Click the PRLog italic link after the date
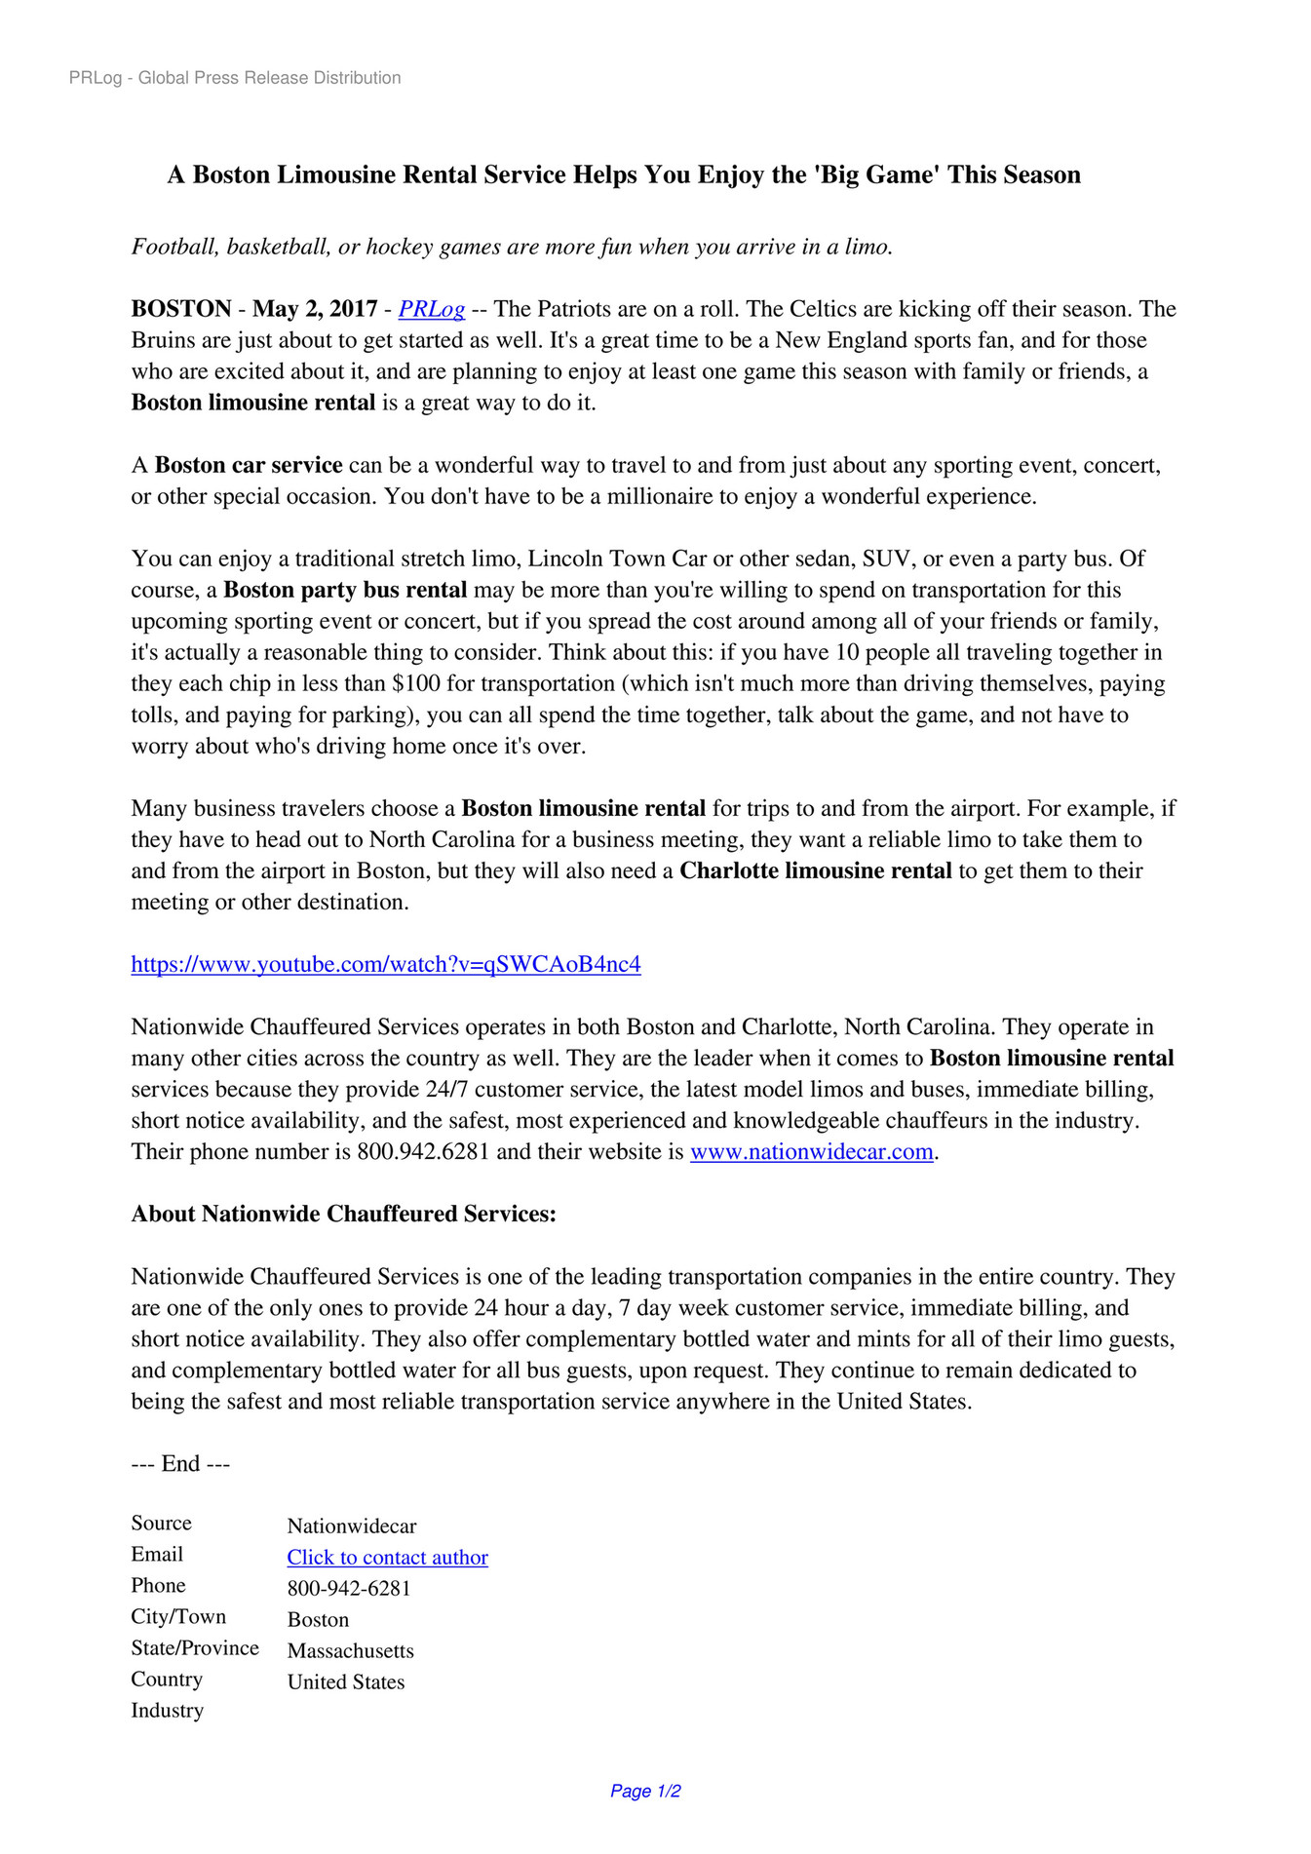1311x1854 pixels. pyautogui.click(x=431, y=309)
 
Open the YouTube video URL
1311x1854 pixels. pyautogui.click(x=386, y=964)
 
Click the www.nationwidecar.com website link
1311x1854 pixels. pyautogui.click(x=811, y=1151)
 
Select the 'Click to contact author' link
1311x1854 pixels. pyautogui.click(x=387, y=1557)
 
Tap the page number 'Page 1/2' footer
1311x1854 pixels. pyautogui.click(x=645, y=1791)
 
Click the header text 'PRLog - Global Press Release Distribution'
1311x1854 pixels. pyautogui.click(x=235, y=78)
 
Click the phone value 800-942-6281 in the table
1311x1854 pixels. pyautogui.click(x=349, y=1588)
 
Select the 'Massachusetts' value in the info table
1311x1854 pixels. pyautogui.click(x=351, y=1650)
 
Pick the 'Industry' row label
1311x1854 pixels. pyautogui.click(x=168, y=1710)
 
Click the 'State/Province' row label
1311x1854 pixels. pyautogui.click(x=195, y=1647)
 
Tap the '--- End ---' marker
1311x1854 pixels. pyautogui.click(x=180, y=1463)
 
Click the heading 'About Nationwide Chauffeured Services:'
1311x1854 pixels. pyautogui.click(x=344, y=1214)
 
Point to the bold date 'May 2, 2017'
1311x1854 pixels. pyautogui.click(x=315, y=309)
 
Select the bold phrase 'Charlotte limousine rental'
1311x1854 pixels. pyautogui.click(x=815, y=870)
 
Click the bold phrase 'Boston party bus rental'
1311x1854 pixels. pyautogui.click(x=345, y=590)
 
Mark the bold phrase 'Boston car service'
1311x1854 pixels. pyautogui.click(x=249, y=465)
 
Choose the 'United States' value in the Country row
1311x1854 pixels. pyautogui.click(x=346, y=1681)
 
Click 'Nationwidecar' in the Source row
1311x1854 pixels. pyautogui.click(x=352, y=1526)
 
